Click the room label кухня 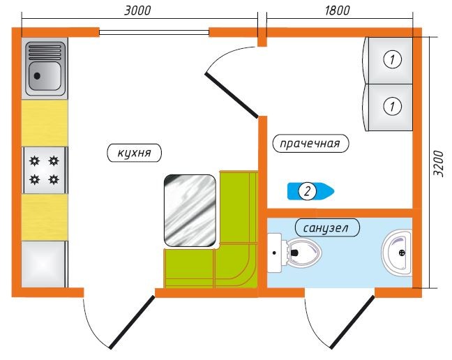[135, 153]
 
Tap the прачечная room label [310, 144]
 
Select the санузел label [326, 227]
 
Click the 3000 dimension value [137, 10]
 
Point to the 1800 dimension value [337, 10]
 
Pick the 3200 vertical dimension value [439, 163]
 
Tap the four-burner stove [45, 170]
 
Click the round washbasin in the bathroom [398, 252]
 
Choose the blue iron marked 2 [310, 190]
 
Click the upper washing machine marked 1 [391, 60]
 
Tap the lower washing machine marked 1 [391, 107]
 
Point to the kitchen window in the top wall [153, 31]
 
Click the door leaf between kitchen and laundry [232, 93]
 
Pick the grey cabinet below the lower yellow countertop [45, 264]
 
